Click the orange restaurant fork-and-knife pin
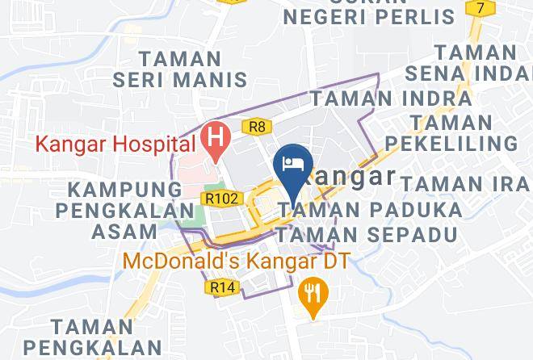tap(311, 293)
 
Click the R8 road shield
tap(258, 126)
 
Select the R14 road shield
tap(220, 287)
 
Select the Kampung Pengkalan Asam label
tap(124, 210)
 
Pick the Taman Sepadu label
tap(367, 235)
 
